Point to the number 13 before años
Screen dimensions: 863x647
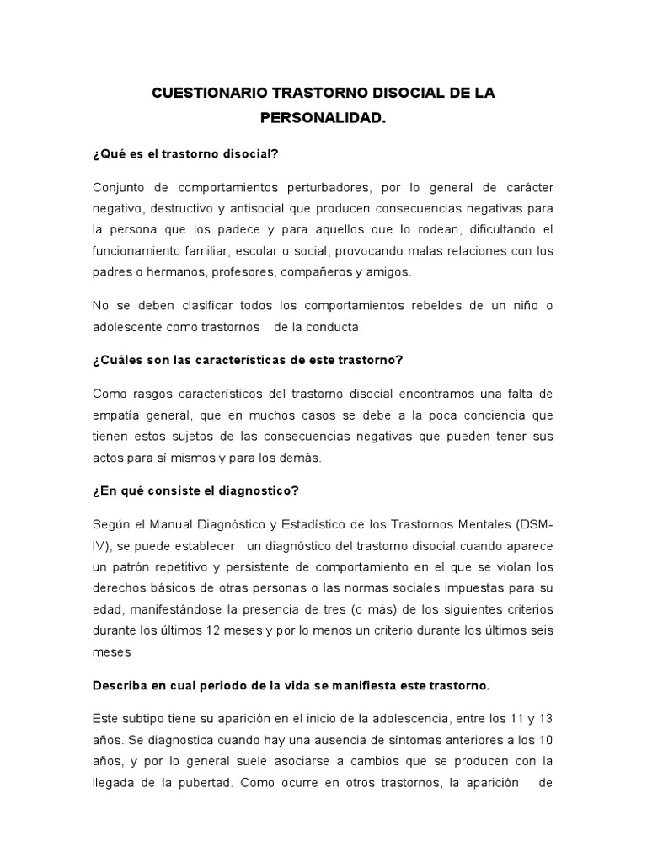point(545,718)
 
